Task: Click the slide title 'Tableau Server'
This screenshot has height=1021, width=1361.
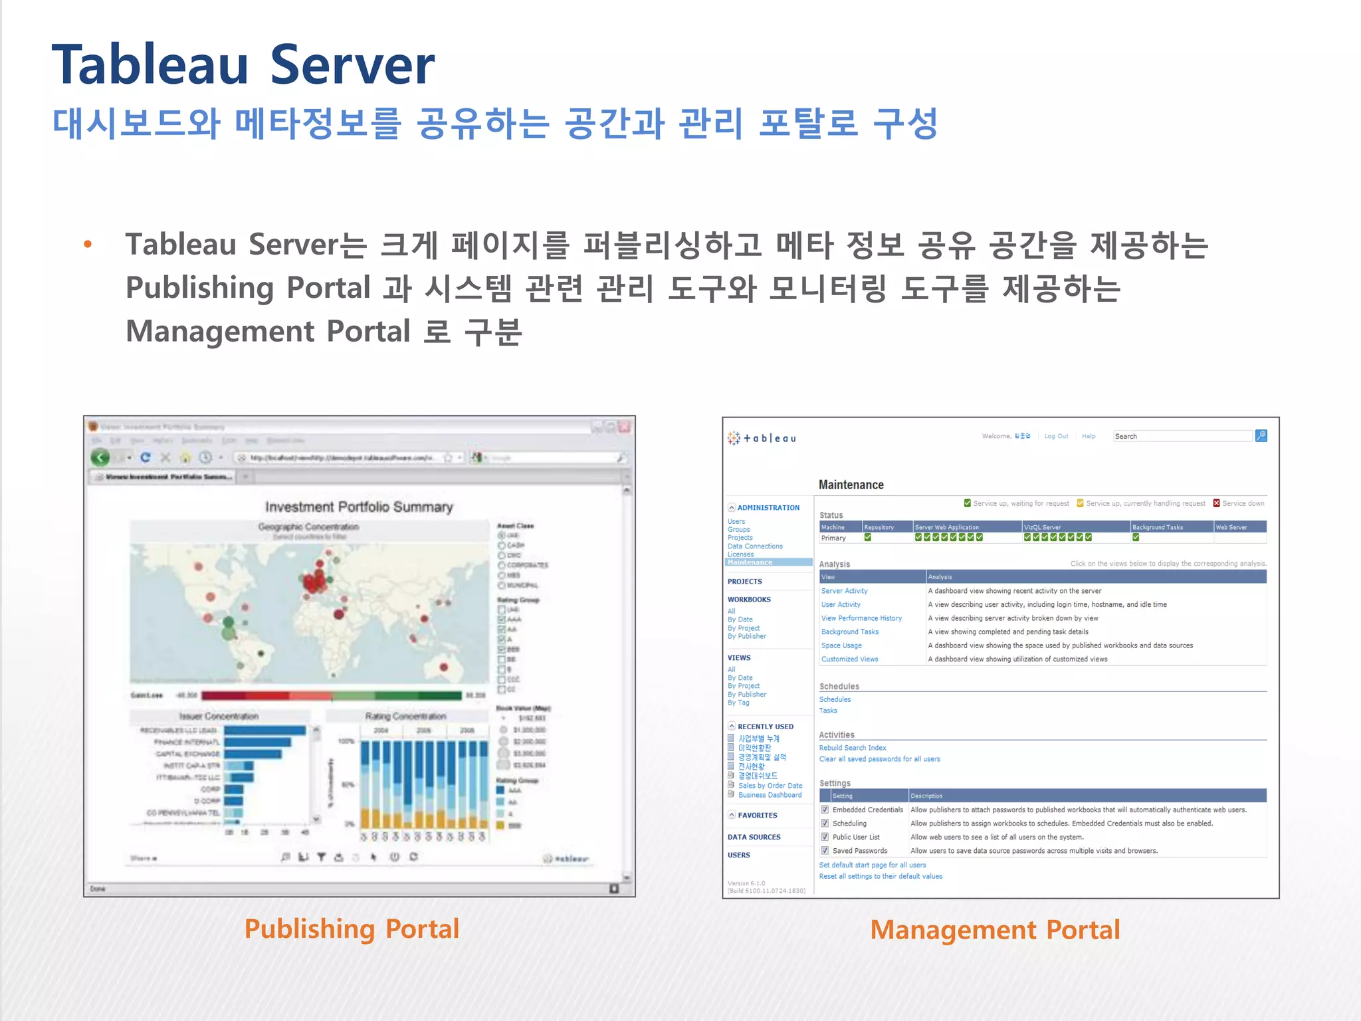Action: (243, 65)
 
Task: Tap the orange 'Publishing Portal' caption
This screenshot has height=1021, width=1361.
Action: (352, 929)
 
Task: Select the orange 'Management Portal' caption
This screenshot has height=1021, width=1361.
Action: (995, 930)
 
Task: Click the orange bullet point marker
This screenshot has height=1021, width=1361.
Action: (88, 245)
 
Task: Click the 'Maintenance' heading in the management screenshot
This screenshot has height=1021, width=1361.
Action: (851, 485)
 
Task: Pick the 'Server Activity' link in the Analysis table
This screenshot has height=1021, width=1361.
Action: (844, 591)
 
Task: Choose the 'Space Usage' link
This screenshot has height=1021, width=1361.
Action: (841, 645)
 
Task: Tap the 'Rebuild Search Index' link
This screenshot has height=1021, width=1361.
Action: (852, 748)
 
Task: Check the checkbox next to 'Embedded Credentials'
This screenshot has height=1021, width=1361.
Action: (825, 810)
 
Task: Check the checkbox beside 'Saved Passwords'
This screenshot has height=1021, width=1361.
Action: (825, 851)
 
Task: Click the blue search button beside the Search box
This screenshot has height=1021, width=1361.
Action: (1261, 436)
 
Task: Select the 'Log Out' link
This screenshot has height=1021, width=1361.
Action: (1056, 436)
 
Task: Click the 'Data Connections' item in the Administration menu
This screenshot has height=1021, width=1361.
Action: (755, 546)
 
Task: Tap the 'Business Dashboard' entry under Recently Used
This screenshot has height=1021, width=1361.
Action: (770, 795)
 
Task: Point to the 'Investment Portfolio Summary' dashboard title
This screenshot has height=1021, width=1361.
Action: (359, 507)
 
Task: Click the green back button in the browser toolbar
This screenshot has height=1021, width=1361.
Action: (100, 457)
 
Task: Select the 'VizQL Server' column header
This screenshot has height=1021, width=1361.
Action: (1042, 527)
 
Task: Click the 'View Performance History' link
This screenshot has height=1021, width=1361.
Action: (861, 618)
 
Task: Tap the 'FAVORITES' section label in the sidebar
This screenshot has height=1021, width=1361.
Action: (757, 815)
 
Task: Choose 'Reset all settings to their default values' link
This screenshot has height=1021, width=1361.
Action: (881, 876)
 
